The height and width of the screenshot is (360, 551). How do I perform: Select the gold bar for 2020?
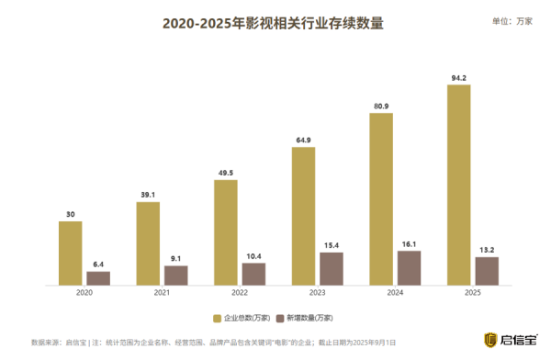(70, 252)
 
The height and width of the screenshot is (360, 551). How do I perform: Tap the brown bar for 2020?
(98, 276)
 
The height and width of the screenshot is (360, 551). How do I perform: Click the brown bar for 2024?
(409, 266)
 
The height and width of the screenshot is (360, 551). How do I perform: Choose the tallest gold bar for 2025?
(458, 184)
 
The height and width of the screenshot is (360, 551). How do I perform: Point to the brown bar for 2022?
(253, 273)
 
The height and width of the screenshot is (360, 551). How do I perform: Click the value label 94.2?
(458, 77)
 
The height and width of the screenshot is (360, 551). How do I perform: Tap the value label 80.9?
(380, 106)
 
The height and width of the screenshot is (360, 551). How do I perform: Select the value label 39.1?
(148, 195)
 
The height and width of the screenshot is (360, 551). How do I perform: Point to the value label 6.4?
(98, 264)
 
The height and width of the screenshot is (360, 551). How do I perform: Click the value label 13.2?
(487, 249)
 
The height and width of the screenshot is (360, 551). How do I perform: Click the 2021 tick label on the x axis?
(162, 292)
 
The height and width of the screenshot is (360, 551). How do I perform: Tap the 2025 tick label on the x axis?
(472, 292)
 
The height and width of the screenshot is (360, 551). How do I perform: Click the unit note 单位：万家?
(512, 20)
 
